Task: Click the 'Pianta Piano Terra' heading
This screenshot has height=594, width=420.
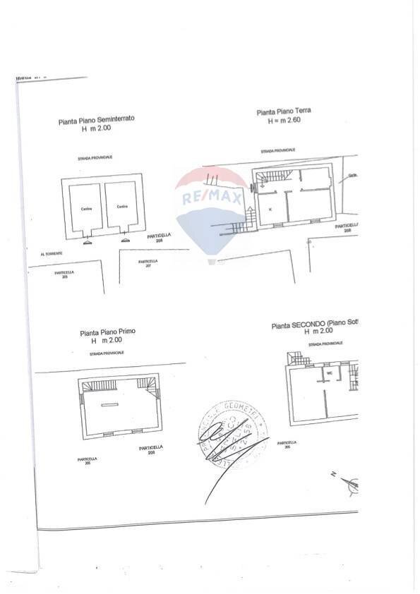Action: [284, 111]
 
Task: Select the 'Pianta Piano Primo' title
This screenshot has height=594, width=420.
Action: [108, 332]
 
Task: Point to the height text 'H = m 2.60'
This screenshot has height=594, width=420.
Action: [284, 121]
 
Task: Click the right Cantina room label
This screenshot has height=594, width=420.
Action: [121, 207]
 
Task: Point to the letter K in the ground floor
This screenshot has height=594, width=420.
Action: [270, 210]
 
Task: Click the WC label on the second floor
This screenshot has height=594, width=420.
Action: [329, 372]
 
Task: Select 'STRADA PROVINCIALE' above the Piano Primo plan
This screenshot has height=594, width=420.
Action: [107, 351]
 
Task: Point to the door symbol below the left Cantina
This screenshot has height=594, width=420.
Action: [87, 241]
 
